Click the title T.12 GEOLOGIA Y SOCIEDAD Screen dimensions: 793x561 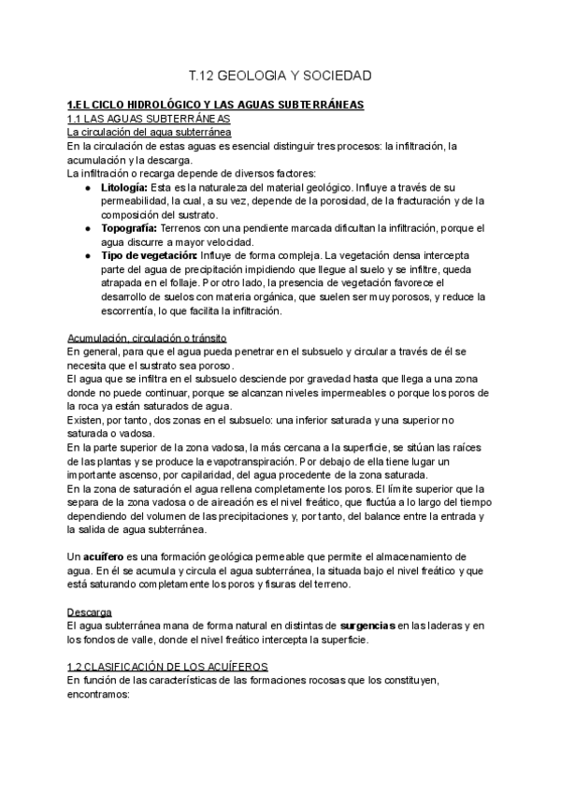click(280, 73)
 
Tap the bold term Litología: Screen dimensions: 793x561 click(124, 187)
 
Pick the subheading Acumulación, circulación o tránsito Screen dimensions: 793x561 click(148, 337)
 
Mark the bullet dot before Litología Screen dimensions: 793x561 click(87, 187)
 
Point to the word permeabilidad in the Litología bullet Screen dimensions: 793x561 click(139, 200)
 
